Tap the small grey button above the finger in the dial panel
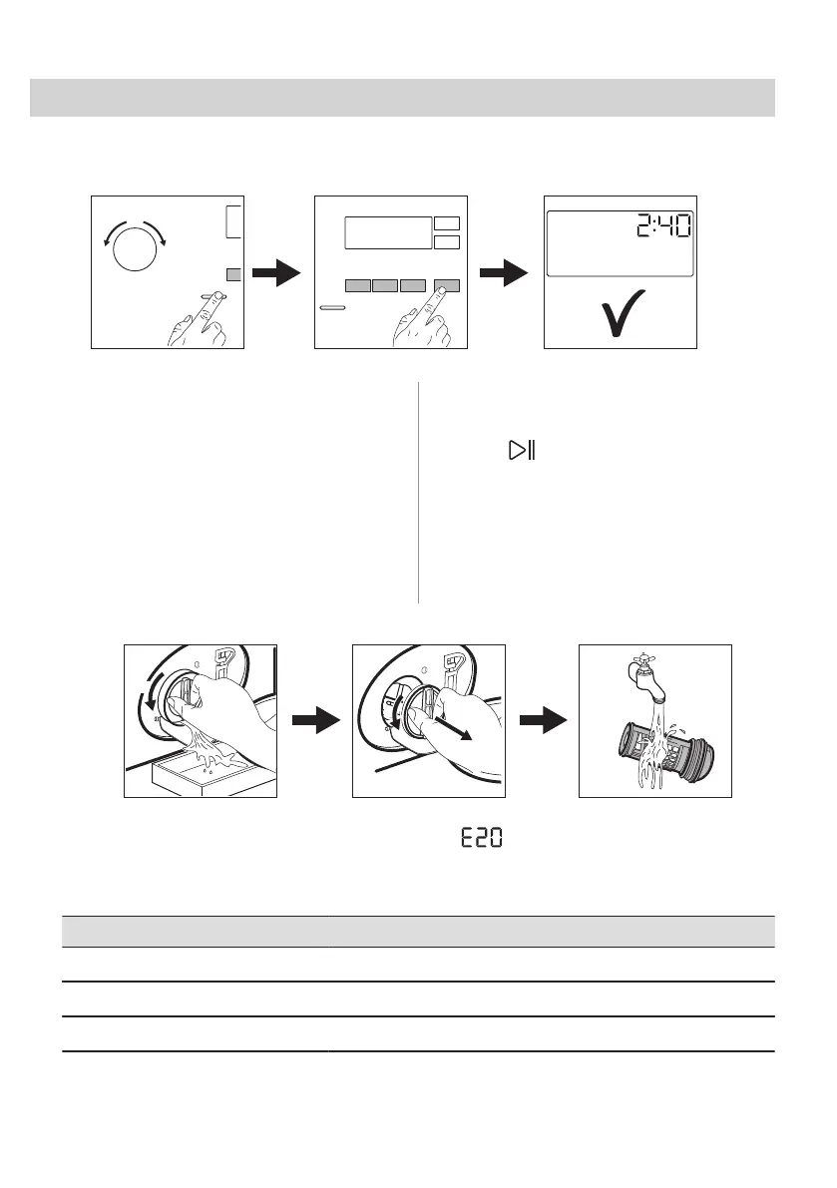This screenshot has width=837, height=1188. click(x=233, y=274)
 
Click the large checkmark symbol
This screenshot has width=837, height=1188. click(x=620, y=311)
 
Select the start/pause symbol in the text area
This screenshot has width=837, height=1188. click(x=522, y=452)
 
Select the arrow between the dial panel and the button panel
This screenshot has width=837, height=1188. click(x=276, y=272)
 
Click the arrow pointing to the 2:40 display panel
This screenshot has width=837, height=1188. click(x=504, y=272)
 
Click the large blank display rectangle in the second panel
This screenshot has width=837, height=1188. click(x=388, y=232)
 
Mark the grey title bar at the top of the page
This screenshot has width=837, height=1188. click(x=402, y=98)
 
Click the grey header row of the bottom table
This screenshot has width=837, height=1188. click(x=418, y=931)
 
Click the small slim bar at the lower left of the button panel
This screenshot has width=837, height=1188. click(x=334, y=310)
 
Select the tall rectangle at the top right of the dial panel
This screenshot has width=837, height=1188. click(x=233, y=221)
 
